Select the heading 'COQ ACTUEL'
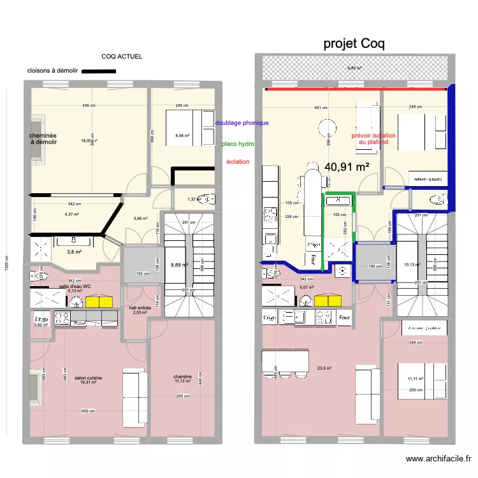122,57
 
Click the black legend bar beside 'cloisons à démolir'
95,71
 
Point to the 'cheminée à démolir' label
43,139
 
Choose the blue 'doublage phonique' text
242,122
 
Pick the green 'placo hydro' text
238,144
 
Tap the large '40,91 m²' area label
347,167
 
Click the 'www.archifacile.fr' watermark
438,458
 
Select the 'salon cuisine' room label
88,378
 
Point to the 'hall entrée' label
140,308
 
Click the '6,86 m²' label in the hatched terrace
354,68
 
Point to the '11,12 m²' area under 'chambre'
182,381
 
